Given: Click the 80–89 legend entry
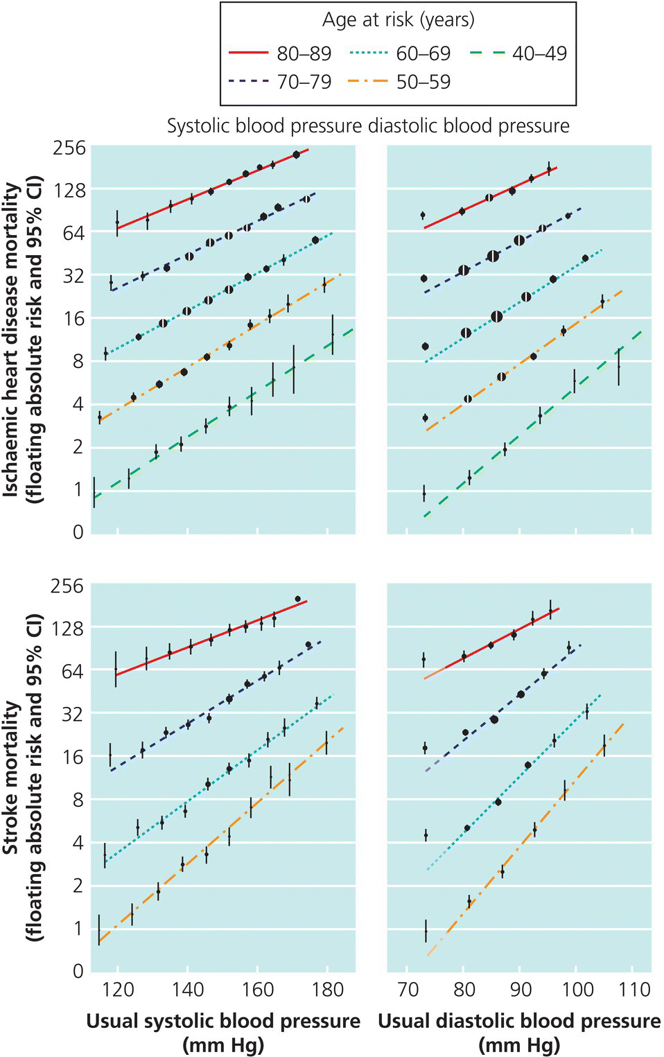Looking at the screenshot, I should tap(280, 53).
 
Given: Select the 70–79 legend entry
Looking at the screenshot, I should tap(280, 82).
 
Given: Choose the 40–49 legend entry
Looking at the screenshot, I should tap(518, 53).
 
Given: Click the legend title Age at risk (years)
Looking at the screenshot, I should tap(398, 19).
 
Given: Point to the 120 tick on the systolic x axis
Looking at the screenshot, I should tap(117, 989).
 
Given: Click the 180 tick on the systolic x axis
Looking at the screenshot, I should tap(328, 989).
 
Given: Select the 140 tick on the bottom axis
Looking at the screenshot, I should tap(187, 989).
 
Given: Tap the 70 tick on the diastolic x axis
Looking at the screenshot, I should tap(408, 989).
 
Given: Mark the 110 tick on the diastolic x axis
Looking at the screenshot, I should tap(634, 989).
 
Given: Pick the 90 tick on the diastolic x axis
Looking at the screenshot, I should tap(521, 989).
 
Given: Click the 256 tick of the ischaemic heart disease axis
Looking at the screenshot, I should tap(69, 148).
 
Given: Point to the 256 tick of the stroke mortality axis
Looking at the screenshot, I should tap(67, 586).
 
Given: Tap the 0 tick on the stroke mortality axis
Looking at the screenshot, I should tap(78, 971).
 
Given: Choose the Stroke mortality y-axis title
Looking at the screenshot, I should tap(22, 776).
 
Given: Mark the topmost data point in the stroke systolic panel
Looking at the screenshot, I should tap(297, 599).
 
